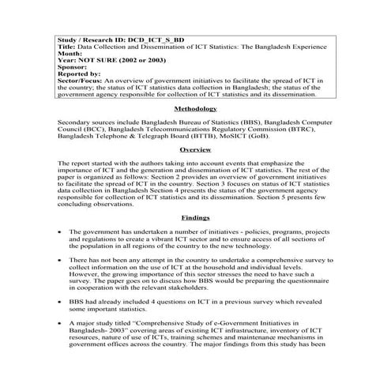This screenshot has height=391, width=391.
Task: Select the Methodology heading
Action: pyautogui.click(x=195, y=109)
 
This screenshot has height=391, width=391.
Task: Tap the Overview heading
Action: pyautogui.click(x=195, y=149)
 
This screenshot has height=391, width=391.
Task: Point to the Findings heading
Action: pyautogui.click(x=195, y=216)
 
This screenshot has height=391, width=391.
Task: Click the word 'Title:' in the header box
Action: pyautogui.click(x=68, y=45)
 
